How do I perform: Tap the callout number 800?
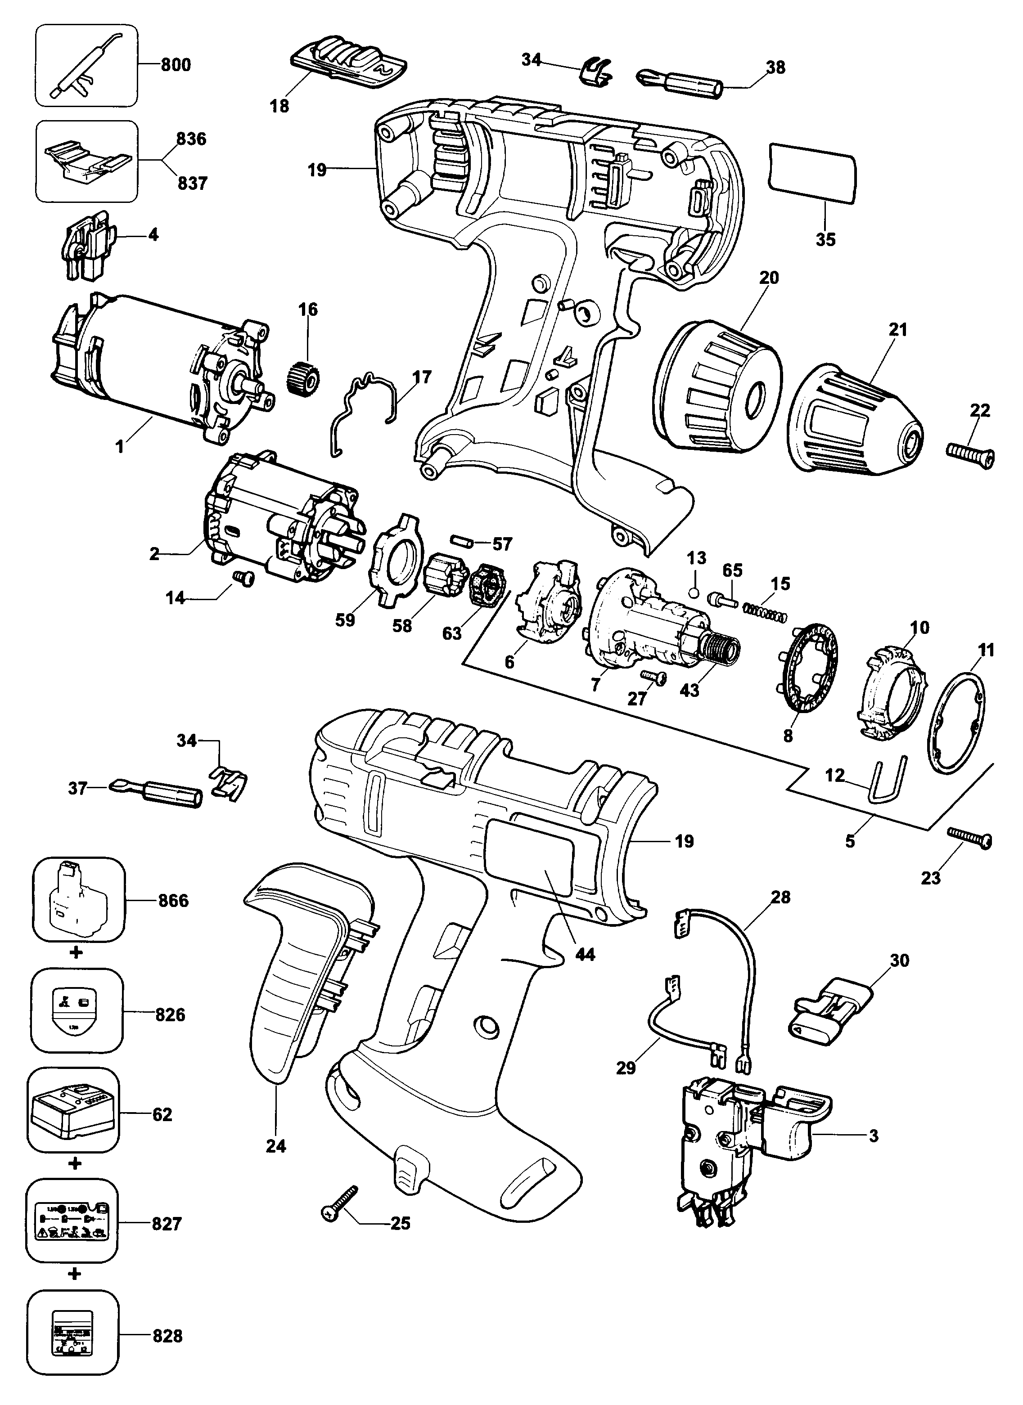click(176, 64)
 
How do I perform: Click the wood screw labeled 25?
click(339, 1203)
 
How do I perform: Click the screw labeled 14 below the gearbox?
click(245, 578)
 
